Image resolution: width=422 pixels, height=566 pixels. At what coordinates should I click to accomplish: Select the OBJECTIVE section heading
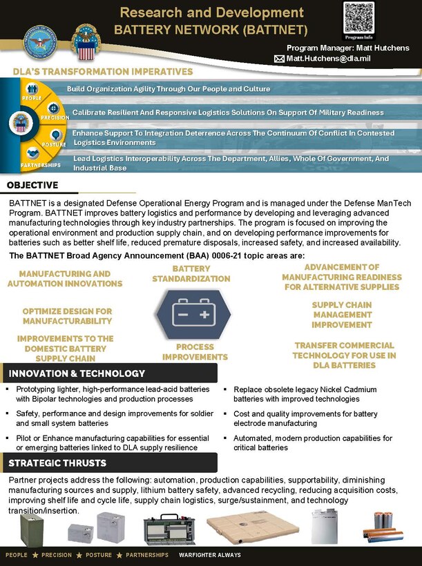32,185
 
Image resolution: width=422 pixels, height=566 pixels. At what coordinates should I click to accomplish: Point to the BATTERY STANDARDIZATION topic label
191,273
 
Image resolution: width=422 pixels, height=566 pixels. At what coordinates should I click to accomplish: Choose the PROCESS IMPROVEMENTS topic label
195,352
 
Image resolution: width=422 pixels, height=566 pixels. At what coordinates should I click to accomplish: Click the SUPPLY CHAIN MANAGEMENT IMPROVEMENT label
341,315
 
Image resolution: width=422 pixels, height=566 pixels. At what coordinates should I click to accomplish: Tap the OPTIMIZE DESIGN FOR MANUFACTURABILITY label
67,316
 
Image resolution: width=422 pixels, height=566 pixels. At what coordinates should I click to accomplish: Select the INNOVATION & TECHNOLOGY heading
77,373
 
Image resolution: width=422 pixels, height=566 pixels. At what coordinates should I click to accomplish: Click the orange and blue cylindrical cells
383,528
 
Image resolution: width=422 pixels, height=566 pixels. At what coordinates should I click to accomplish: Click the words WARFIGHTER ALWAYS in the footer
209,555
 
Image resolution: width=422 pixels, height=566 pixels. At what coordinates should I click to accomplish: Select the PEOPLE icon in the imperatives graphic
32,90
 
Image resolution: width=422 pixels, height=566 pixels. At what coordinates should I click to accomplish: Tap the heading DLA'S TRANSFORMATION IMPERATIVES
102,72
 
